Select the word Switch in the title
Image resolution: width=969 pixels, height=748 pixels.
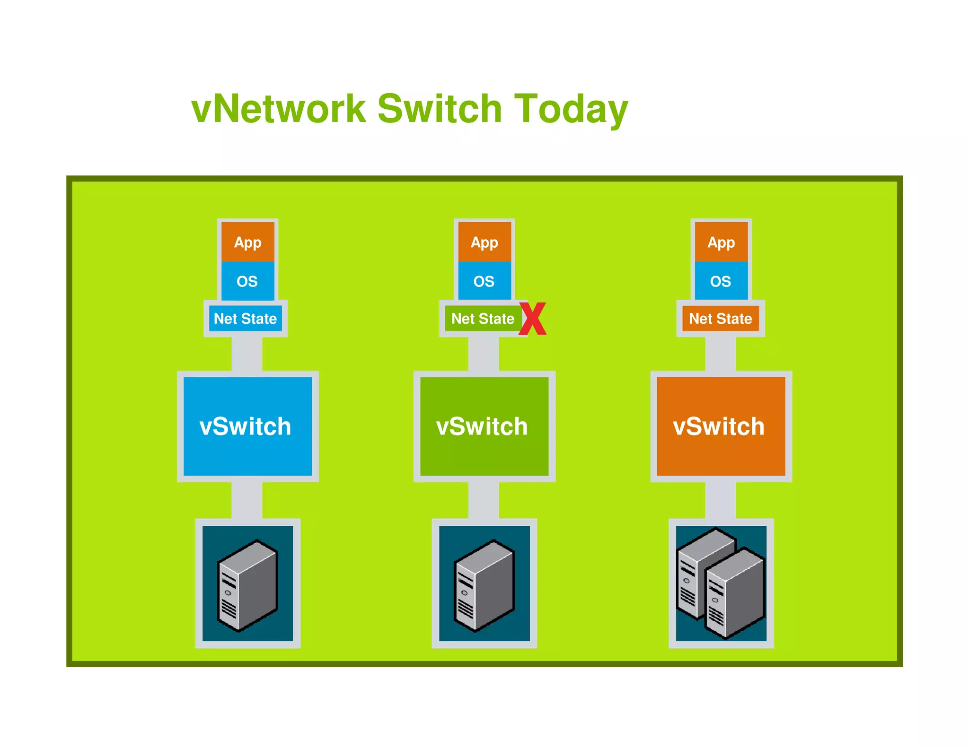(x=440, y=109)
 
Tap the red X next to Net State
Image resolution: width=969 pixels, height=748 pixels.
(x=533, y=319)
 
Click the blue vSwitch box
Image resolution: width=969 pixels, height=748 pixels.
(x=247, y=426)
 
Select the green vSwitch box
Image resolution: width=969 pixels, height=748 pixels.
(x=484, y=426)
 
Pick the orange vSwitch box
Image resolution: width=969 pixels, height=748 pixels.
(x=721, y=426)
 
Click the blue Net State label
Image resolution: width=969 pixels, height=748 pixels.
(x=245, y=319)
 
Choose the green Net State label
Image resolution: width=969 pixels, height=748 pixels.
(x=482, y=319)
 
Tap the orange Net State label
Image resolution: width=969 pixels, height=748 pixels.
(x=720, y=319)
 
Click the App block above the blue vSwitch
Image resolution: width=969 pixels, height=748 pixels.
(x=247, y=242)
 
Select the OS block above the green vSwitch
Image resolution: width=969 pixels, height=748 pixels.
(x=484, y=281)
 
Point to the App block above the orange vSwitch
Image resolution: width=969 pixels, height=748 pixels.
(x=721, y=242)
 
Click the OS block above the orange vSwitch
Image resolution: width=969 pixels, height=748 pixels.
(x=721, y=281)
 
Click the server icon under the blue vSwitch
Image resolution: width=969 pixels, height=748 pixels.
(x=247, y=584)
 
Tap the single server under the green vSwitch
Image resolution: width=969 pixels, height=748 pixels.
(x=484, y=584)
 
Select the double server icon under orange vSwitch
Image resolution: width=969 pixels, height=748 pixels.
(x=721, y=584)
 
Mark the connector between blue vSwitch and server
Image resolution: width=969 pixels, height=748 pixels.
(x=247, y=500)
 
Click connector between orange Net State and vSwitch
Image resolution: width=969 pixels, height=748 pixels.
(x=720, y=354)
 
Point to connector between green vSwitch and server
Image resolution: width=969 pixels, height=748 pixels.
(x=484, y=500)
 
